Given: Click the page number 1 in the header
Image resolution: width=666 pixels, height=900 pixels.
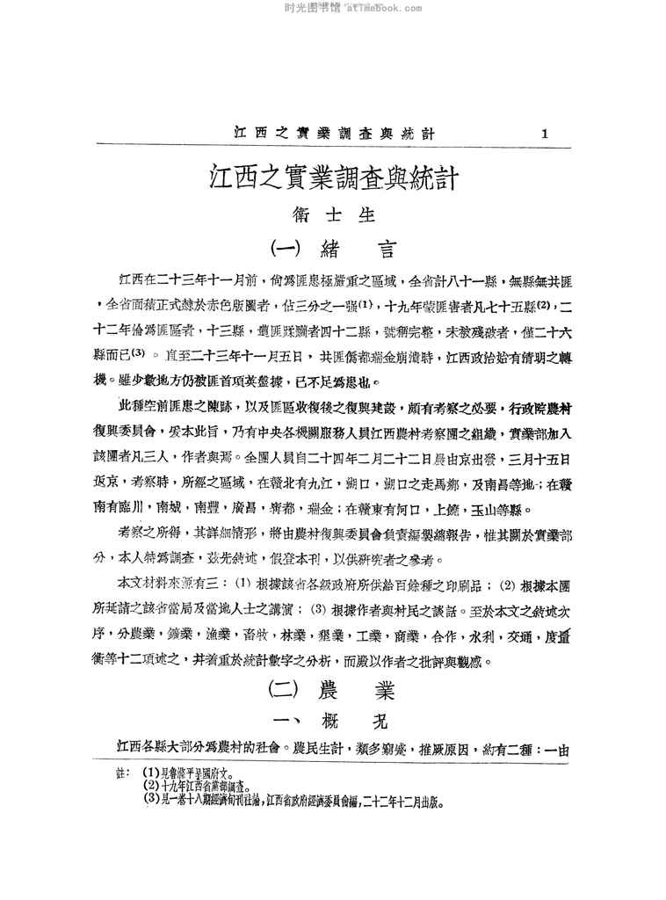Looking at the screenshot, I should click(x=546, y=134).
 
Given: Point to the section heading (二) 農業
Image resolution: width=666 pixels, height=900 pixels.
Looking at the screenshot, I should click(x=334, y=691).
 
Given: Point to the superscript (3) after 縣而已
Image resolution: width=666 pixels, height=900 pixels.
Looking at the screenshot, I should click(x=151, y=355).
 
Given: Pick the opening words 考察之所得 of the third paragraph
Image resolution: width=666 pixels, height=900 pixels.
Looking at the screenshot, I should click(x=149, y=533).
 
